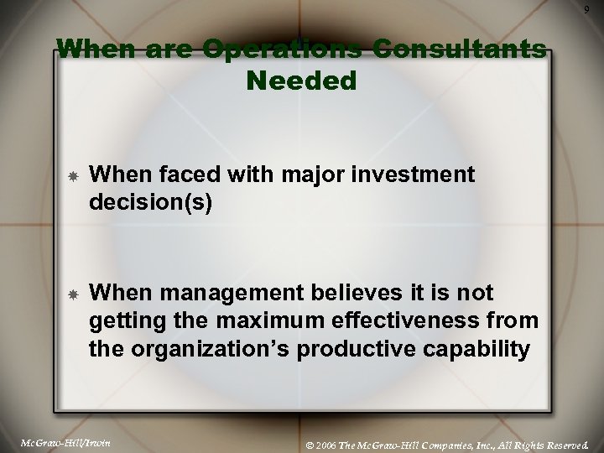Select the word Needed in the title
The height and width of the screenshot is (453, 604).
pyautogui.click(x=302, y=81)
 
